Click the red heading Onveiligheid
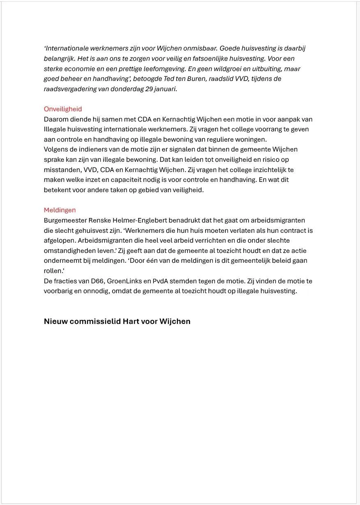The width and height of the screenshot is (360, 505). [63, 109]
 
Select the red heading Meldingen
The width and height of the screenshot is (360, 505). [60, 210]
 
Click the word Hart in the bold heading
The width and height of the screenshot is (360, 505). [131, 321]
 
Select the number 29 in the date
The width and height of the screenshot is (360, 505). [149, 89]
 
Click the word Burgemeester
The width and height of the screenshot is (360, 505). [65, 220]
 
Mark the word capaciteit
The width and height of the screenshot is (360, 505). [127, 180]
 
